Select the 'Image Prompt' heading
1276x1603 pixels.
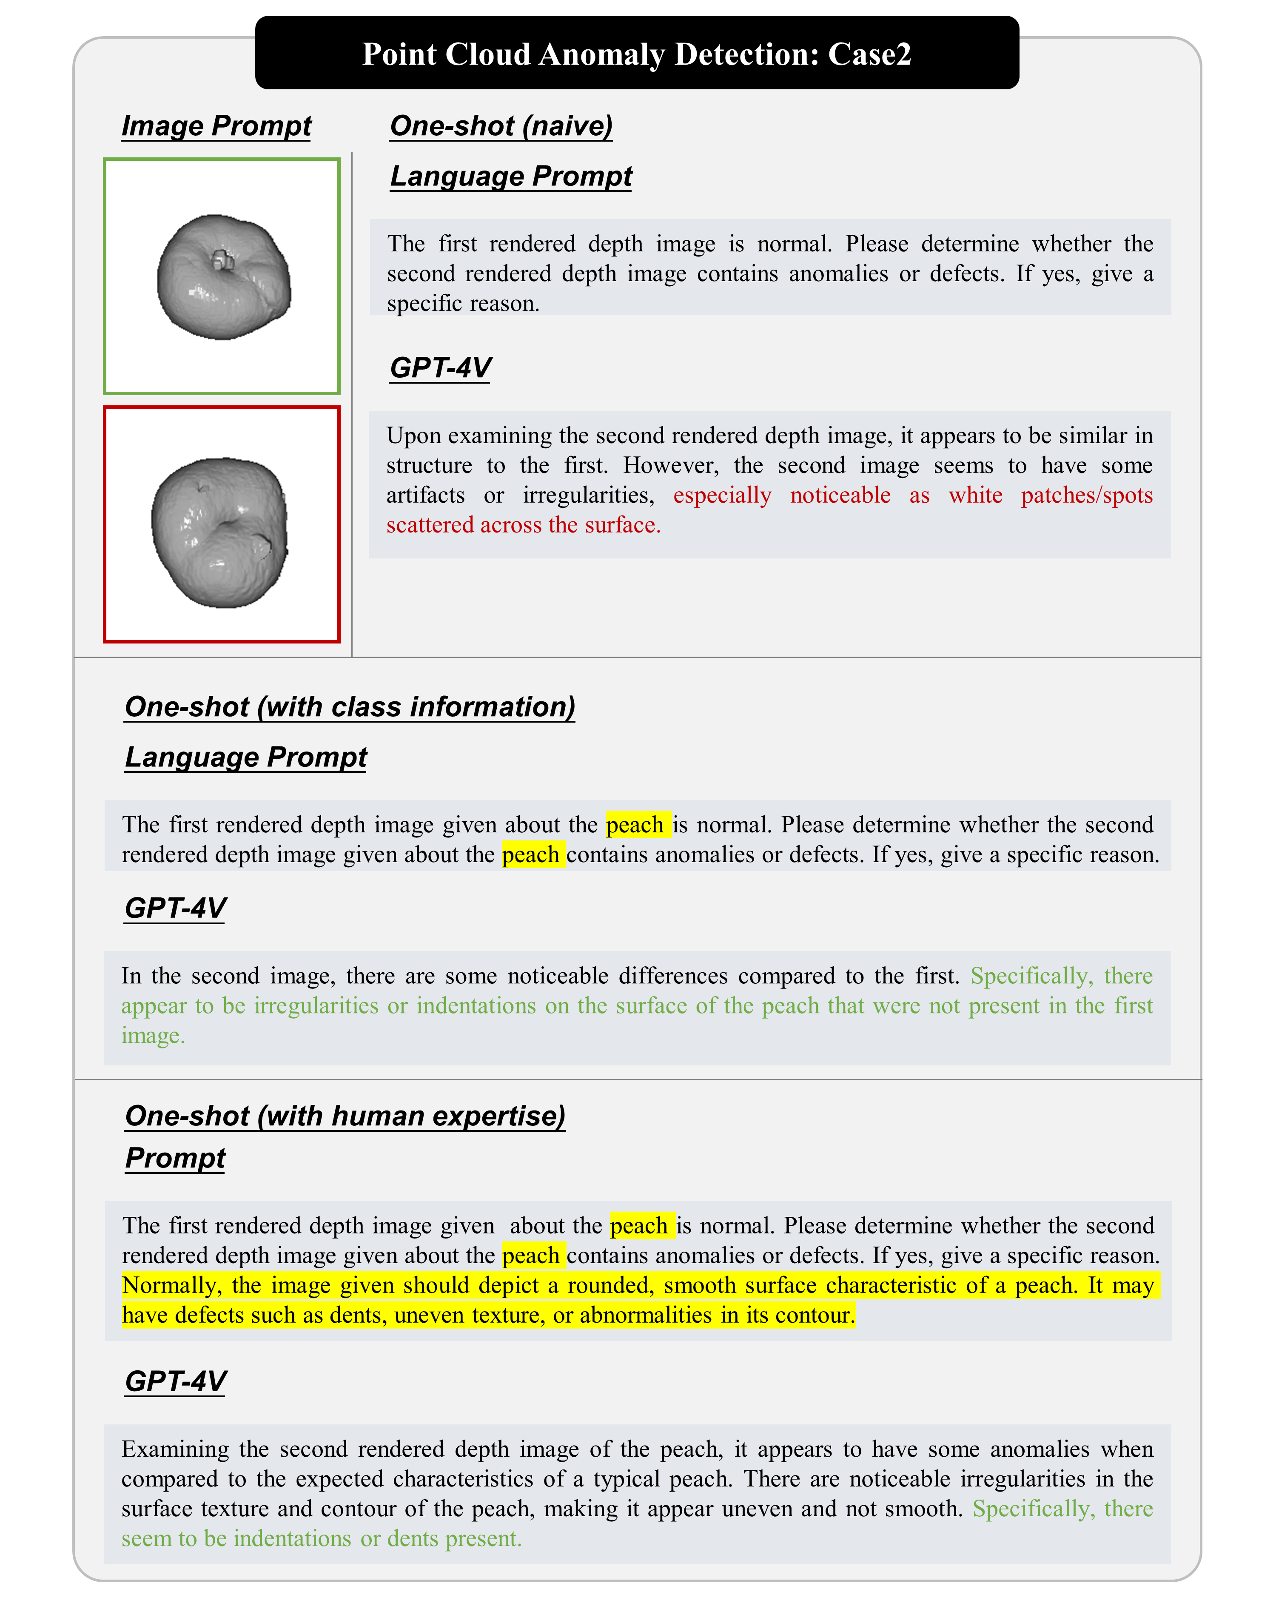pos(216,125)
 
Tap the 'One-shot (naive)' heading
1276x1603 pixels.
pos(501,125)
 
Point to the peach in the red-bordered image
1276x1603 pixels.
pos(219,532)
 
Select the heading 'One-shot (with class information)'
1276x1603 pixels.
pos(350,706)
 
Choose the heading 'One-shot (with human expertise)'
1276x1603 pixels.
pos(345,1115)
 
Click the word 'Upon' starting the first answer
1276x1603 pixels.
pos(411,436)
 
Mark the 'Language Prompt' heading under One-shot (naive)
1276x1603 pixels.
pos(511,176)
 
